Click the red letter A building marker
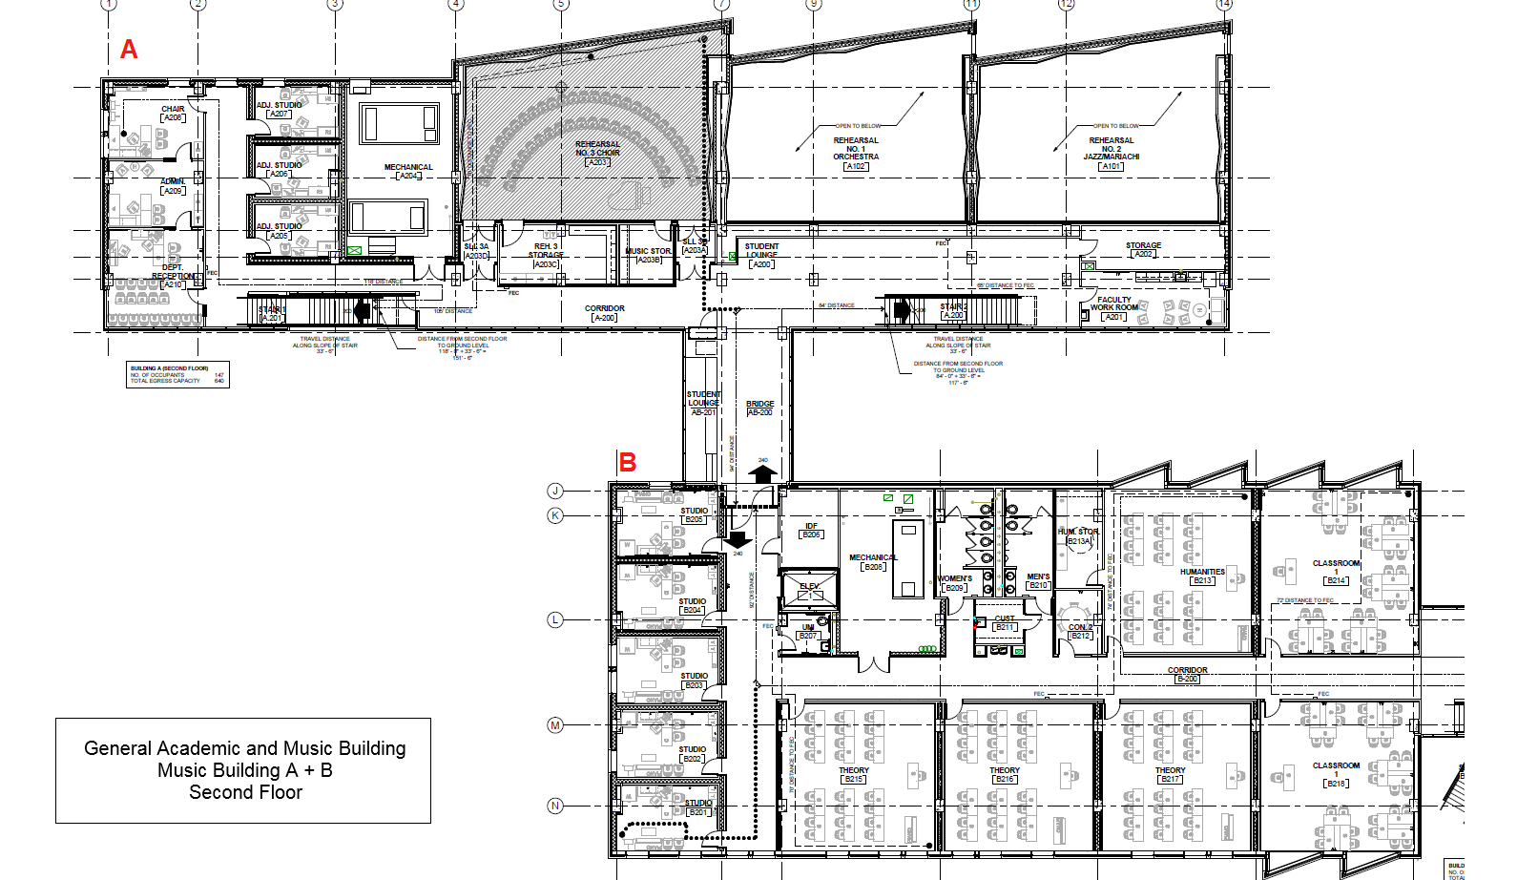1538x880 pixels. (129, 50)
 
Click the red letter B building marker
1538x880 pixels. (628, 463)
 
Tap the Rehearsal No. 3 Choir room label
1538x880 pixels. (597, 153)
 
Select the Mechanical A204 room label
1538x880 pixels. (408, 171)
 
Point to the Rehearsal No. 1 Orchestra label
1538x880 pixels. (856, 153)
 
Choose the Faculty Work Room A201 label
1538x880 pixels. (1113, 308)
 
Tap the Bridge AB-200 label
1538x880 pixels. (760, 409)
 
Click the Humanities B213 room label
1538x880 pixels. (1202, 576)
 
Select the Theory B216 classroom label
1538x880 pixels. (1005, 774)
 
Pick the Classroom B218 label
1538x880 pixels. (1336, 774)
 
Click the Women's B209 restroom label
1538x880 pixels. (955, 583)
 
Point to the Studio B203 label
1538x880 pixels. (694, 681)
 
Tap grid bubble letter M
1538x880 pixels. (555, 725)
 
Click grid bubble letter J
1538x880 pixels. (555, 491)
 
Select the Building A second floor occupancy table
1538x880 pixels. (177, 374)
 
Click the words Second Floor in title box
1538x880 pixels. (245, 792)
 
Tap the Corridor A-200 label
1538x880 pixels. (605, 313)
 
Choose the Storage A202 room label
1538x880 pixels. (1143, 249)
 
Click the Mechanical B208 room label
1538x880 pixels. (873, 562)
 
